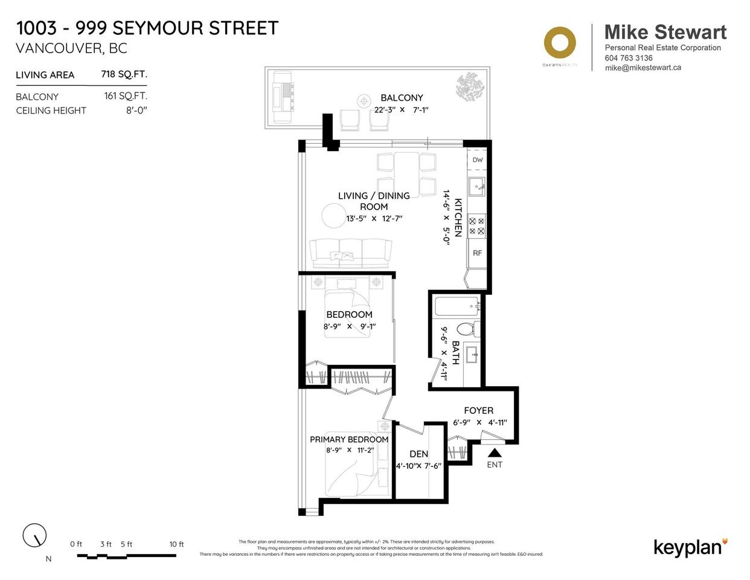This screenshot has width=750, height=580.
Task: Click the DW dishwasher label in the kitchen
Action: coord(477,160)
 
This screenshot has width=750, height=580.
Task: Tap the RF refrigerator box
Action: coord(477,253)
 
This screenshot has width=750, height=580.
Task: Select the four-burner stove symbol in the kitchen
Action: coord(477,226)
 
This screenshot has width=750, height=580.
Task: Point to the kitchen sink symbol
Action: coord(476,187)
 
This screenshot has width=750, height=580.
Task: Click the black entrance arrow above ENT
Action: coord(495,453)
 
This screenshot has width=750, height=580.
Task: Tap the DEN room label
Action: coord(418,454)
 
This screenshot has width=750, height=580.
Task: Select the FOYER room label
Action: coord(478,411)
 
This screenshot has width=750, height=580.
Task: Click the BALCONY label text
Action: coord(402,98)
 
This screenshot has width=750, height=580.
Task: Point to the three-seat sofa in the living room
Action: coord(350,253)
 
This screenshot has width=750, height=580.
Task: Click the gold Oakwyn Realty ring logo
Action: coord(559,43)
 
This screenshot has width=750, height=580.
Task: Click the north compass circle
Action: coord(34,535)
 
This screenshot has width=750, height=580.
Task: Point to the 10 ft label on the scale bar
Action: coord(176,544)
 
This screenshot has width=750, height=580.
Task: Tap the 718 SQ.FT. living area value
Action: coord(124,74)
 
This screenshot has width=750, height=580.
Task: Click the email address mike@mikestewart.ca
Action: coord(643,68)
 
